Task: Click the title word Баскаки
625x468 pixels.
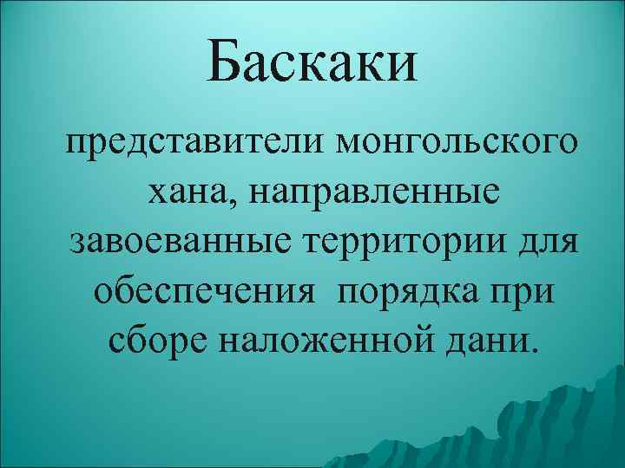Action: click(312, 65)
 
